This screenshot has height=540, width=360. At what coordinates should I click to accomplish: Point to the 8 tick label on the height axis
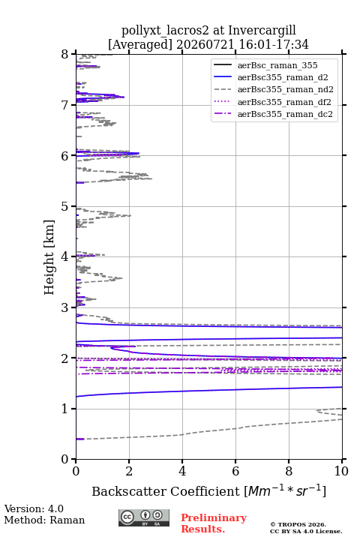pos(65,55)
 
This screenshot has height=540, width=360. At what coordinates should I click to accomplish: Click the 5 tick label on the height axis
pos(65,207)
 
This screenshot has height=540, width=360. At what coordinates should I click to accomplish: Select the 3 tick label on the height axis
pos(65,307)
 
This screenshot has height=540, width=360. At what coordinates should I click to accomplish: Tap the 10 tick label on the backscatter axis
pos(341,471)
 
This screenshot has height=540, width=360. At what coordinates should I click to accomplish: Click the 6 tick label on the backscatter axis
pos(235,471)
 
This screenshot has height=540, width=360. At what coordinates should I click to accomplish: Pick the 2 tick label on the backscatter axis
pos(129,471)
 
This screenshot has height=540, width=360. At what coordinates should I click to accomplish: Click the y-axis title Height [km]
pos(49,257)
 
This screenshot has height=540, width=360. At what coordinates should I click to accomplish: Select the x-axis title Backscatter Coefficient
pos(165,491)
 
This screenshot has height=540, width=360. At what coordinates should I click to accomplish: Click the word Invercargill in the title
pos(262,31)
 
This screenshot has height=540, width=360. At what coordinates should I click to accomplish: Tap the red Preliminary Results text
pos(214,523)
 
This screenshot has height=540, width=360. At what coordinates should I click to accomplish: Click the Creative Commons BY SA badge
pos(144,517)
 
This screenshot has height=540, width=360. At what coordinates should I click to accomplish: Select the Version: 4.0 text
pos(34,508)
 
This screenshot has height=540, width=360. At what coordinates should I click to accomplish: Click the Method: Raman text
pos(44,520)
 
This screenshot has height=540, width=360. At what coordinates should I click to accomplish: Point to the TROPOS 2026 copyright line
pos(298,524)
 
